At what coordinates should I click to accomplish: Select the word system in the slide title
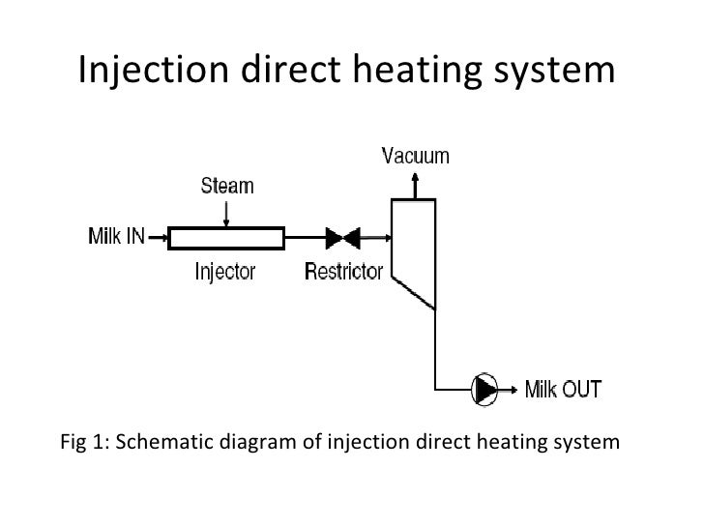coord(547,71)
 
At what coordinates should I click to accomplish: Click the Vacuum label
coord(415,155)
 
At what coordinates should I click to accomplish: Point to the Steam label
coord(227,185)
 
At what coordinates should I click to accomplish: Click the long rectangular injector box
coord(226,237)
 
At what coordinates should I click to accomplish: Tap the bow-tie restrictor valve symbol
coord(341,237)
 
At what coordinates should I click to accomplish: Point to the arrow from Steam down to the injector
coord(226,212)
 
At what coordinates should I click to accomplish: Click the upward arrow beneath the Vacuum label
coord(415,184)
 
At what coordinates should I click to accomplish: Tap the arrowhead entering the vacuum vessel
coord(383,237)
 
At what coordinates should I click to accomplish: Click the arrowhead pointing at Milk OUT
coord(513,389)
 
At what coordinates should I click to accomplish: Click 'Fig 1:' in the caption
coord(83,444)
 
